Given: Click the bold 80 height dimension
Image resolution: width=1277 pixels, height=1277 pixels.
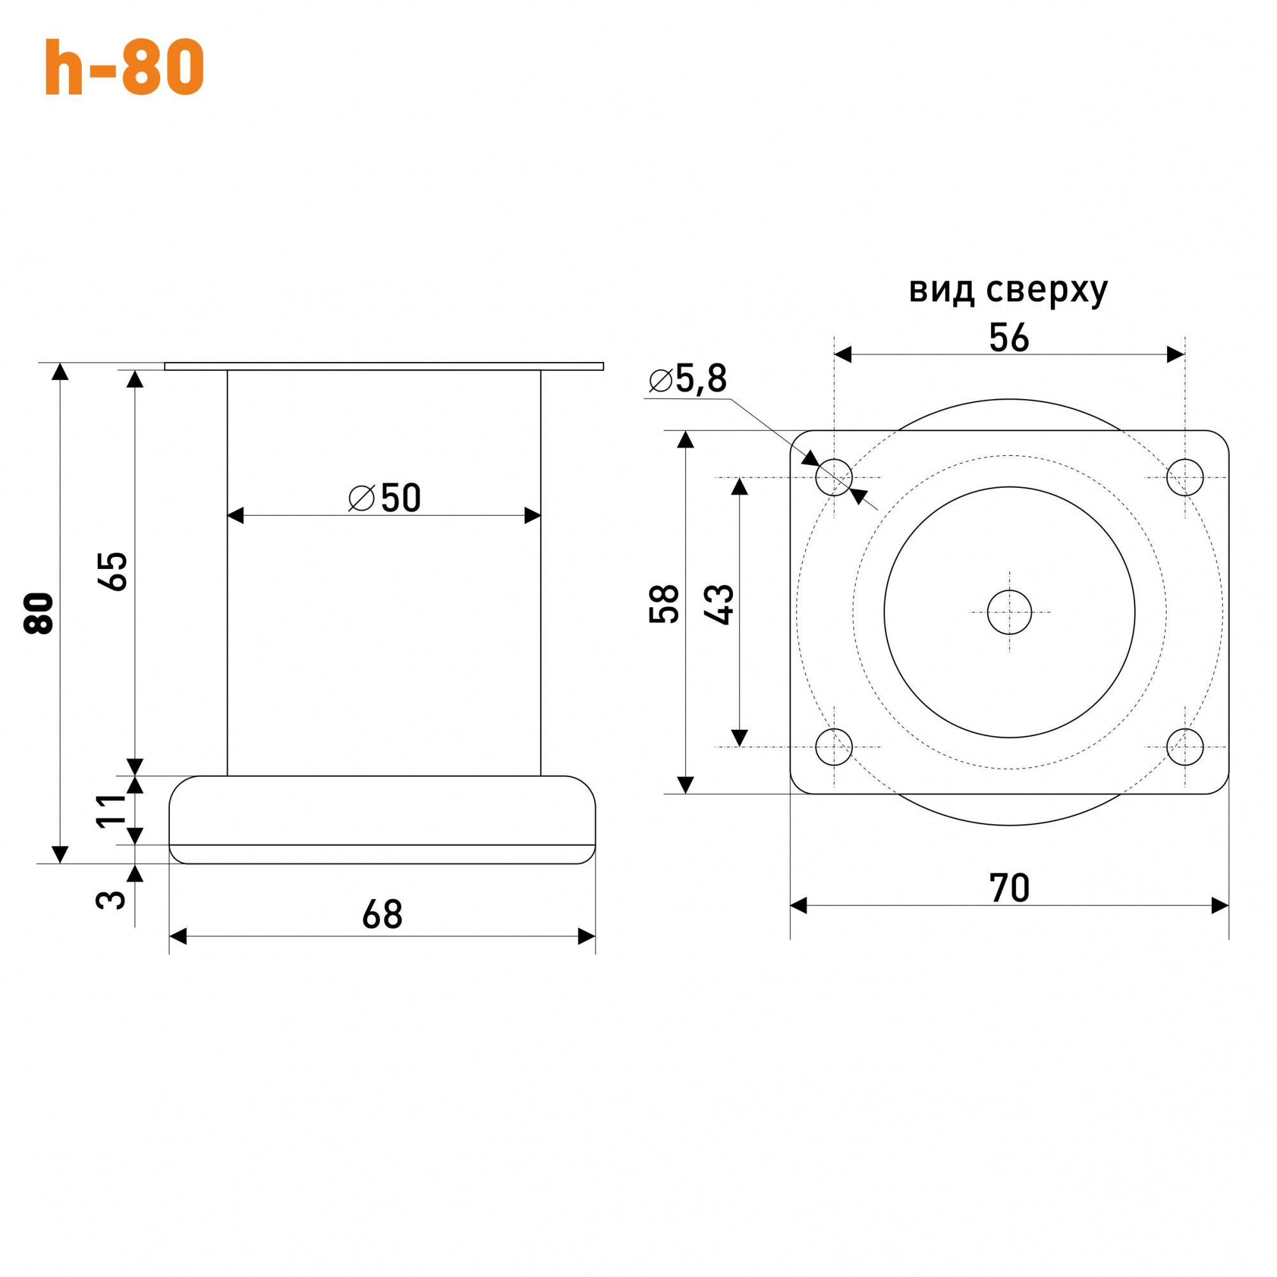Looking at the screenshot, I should tap(39, 614).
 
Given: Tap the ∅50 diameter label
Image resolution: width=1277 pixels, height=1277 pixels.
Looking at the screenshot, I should tap(384, 499).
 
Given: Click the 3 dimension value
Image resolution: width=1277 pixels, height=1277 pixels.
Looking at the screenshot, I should tap(111, 900).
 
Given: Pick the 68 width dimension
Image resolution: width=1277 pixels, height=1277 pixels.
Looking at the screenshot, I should tap(382, 915).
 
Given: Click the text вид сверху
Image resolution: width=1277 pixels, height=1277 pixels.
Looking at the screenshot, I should tap(1008, 289).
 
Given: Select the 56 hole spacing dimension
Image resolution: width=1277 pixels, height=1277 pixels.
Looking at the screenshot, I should tap(1009, 338).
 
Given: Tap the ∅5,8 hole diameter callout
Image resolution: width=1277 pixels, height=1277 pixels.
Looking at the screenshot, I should tap(688, 379).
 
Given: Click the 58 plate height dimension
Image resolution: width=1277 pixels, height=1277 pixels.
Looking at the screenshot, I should tap(664, 604).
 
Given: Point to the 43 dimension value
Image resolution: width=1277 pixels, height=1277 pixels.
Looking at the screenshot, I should tap(719, 605).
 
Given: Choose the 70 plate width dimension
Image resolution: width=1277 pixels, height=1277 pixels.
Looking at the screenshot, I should tap(1009, 888).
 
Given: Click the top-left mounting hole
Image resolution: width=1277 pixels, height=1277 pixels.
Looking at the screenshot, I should tap(834, 477).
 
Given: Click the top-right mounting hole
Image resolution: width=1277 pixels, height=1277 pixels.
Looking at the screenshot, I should tap(1185, 477).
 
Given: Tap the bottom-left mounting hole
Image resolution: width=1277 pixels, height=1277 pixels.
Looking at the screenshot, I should tap(834, 747).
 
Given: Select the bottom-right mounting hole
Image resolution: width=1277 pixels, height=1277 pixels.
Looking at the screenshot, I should tap(1185, 747).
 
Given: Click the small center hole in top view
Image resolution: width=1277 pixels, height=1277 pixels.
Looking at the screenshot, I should tap(1009, 612).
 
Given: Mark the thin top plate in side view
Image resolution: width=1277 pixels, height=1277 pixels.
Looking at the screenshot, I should tap(383, 366).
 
